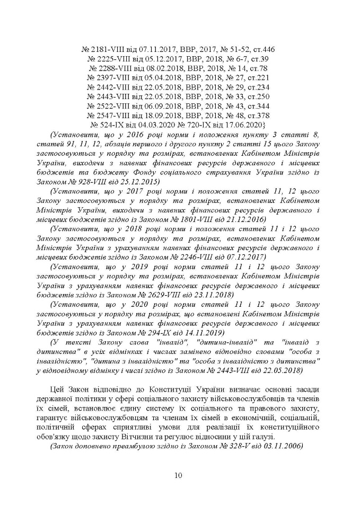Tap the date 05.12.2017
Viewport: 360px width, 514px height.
(x=151, y=59)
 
